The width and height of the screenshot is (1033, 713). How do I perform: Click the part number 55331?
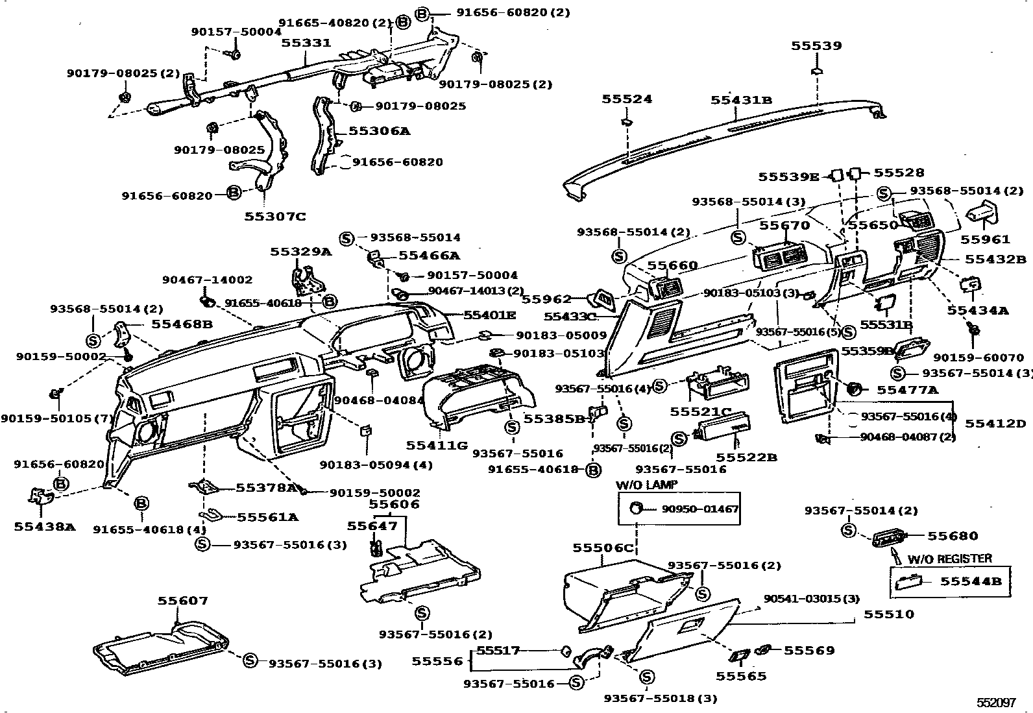tap(306, 43)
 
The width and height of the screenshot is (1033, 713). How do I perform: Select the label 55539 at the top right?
tap(816, 45)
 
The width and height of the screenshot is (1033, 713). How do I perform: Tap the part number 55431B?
tap(741, 99)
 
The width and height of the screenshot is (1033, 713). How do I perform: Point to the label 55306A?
tap(380, 130)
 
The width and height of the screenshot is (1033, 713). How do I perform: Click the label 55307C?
tap(274, 216)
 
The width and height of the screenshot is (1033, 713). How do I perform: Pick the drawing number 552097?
tap(996, 703)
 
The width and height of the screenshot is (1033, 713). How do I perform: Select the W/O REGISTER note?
tap(949, 558)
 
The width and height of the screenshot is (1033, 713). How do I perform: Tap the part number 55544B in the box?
tap(971, 581)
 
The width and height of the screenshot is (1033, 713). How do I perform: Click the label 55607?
tap(183, 601)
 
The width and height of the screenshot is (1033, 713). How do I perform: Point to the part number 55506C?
tap(603, 548)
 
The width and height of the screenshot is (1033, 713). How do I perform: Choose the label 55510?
tap(888, 614)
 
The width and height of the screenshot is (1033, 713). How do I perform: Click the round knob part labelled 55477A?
tap(855, 389)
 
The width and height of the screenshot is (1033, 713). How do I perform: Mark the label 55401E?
tap(490, 315)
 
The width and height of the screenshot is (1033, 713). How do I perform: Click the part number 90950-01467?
tap(700, 509)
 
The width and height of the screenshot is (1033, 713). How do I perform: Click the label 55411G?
tap(437, 445)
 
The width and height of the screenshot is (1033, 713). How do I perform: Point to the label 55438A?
tap(44, 527)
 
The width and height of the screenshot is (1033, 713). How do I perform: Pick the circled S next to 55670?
tap(738, 237)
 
